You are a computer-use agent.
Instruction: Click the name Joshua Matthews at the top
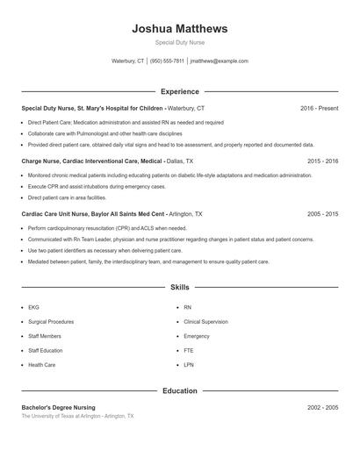[179, 28]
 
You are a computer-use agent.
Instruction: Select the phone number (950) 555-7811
[167, 61]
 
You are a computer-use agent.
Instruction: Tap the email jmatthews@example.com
[219, 61]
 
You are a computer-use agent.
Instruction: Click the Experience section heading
[179, 91]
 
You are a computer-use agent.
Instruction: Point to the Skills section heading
[179, 287]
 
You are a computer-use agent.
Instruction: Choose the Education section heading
[179, 390]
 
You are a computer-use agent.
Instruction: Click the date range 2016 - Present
[319, 108]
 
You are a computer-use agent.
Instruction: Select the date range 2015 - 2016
[323, 161]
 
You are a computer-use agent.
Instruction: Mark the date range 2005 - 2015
[323, 214]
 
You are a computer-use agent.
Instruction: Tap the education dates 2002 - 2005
[323, 408]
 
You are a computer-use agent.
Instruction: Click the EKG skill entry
[34, 308]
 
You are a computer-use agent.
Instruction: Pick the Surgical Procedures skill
[51, 322]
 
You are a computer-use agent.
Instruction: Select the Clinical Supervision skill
[205, 322]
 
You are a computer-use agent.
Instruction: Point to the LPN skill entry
[188, 364]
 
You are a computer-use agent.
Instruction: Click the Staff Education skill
[46, 350]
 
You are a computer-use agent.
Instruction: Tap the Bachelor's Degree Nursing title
[58, 408]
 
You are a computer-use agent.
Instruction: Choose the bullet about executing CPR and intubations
[97, 187]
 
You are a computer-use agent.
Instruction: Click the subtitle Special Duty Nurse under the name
[179, 42]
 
